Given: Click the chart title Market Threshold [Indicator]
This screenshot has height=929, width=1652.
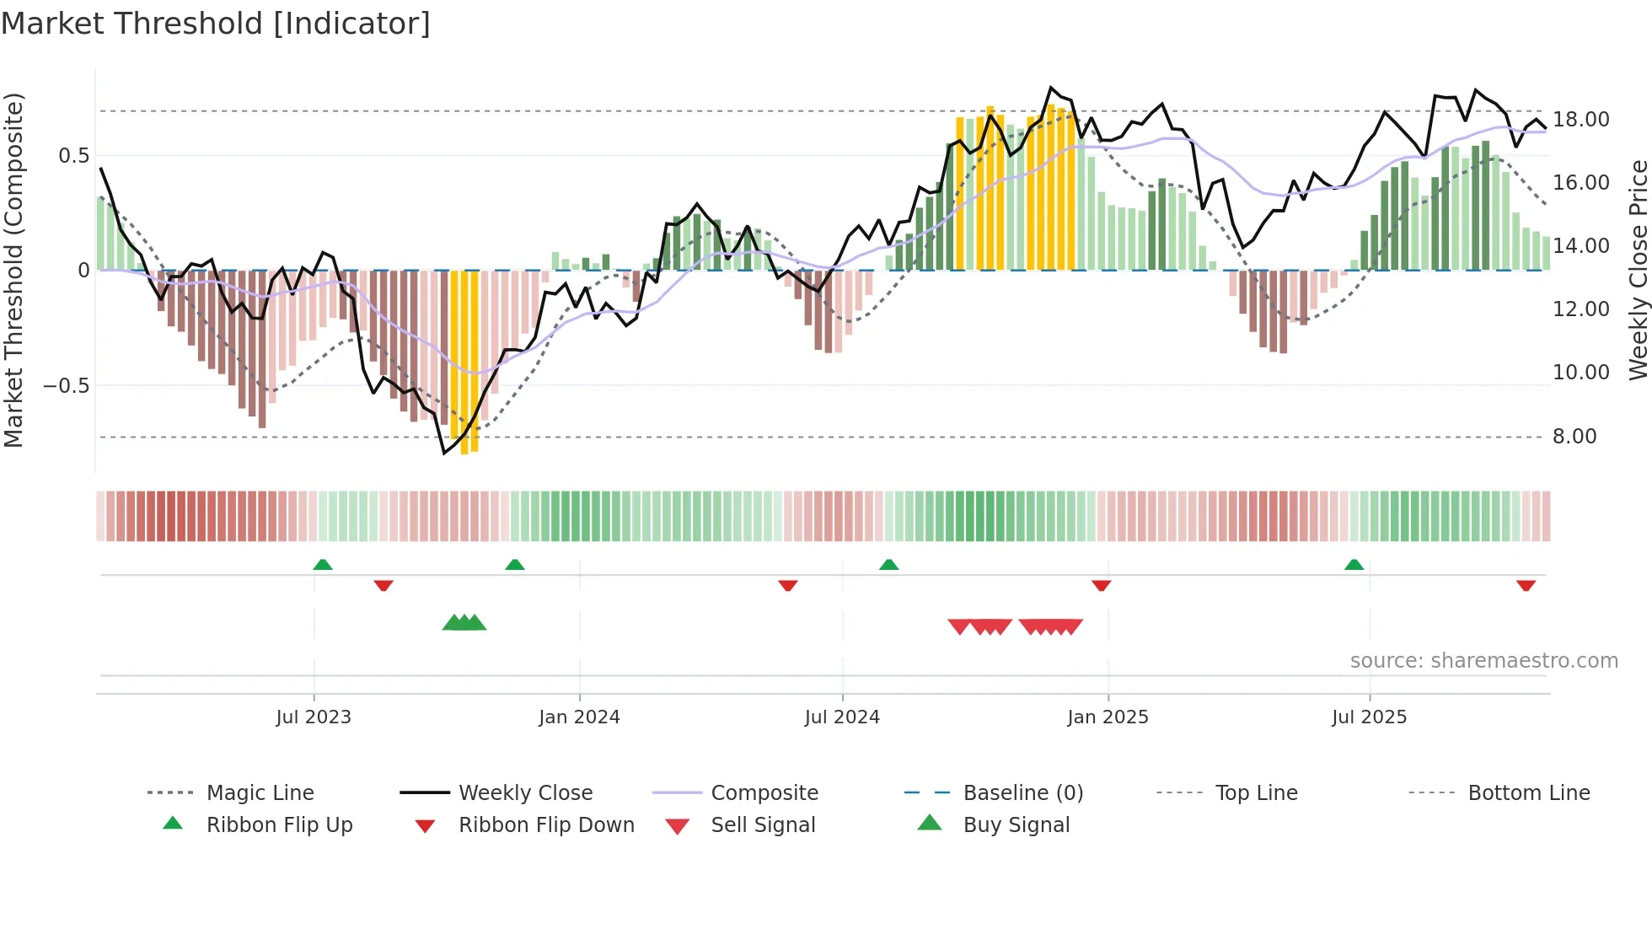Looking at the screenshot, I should click(216, 24).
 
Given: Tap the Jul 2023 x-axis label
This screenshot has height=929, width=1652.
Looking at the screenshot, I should click(314, 717).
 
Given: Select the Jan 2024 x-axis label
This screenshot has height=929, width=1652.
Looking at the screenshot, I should click(579, 717).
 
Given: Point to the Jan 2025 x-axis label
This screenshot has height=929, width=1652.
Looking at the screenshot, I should click(1108, 717).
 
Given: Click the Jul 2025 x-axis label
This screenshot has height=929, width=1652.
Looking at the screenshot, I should click(1369, 717).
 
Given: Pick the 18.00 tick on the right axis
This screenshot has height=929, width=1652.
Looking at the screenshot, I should click(1580, 120).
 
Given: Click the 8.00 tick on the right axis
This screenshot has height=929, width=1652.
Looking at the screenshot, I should click(1574, 437).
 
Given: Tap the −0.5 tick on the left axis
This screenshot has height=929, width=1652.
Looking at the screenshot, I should click(66, 386).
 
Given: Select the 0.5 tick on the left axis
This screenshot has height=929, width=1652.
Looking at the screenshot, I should click(73, 156).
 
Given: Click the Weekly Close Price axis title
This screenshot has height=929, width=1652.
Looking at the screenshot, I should click(1638, 270).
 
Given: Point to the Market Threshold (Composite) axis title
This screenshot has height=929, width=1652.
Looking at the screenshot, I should click(13, 270).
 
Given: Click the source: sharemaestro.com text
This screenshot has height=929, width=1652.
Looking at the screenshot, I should click(1483, 661).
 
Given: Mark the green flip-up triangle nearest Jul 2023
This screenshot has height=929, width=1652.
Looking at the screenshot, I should click(323, 565).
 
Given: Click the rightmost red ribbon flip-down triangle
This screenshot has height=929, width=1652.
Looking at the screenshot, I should click(1526, 585).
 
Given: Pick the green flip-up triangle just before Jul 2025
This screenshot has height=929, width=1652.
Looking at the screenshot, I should click(1354, 565).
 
